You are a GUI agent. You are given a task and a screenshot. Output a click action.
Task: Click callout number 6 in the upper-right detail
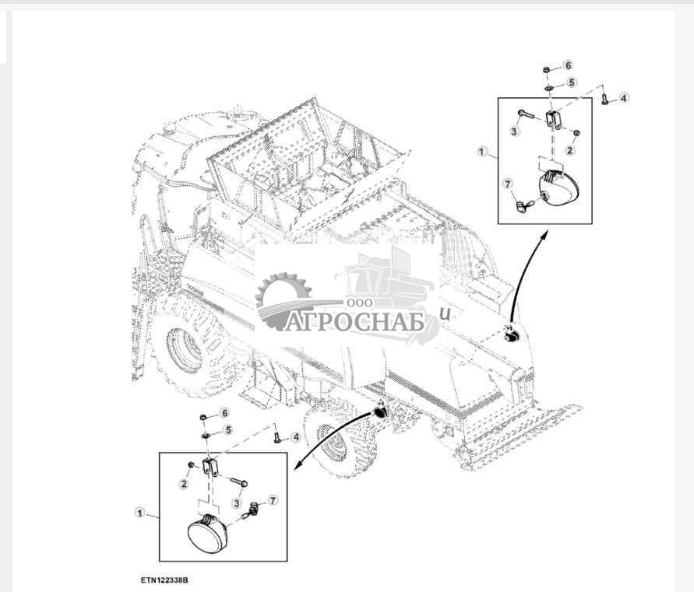click(x=569, y=65)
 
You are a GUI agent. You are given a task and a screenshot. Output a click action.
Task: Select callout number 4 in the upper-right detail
click(x=623, y=98)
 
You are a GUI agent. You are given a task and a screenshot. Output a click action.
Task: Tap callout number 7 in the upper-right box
click(x=508, y=184)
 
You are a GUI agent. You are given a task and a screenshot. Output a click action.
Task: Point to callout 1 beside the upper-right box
click(x=482, y=152)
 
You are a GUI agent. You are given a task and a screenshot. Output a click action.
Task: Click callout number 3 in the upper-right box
click(x=514, y=131)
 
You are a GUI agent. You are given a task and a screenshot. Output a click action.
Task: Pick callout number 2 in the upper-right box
click(x=570, y=150)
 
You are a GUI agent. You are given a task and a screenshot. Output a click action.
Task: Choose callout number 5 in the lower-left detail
click(x=228, y=429)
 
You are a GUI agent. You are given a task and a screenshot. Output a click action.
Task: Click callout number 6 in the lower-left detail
click(x=225, y=413)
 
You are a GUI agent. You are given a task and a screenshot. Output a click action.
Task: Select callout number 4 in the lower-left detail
click(x=296, y=437)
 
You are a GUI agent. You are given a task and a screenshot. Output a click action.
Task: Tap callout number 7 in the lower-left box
click(x=273, y=500)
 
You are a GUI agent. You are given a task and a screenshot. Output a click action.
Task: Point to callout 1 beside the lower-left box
click(x=140, y=513)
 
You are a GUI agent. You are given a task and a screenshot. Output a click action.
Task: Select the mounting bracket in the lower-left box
click(x=210, y=468)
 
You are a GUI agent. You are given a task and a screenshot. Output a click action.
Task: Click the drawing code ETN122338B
click(x=165, y=580)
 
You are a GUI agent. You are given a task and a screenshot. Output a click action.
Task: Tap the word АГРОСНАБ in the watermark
click(x=354, y=322)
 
